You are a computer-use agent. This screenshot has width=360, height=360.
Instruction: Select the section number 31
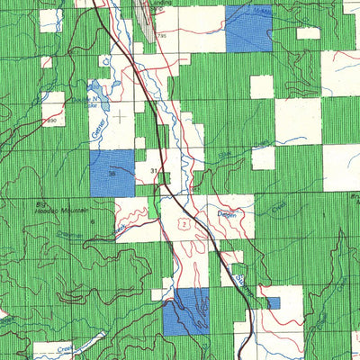pos(154,169)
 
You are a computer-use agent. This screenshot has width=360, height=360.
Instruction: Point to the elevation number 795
pos(162,35)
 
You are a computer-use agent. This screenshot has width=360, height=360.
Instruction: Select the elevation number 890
pos(51,120)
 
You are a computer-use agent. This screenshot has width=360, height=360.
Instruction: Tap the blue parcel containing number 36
pos(112,171)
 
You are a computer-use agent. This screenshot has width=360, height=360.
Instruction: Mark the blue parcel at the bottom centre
pos(185,311)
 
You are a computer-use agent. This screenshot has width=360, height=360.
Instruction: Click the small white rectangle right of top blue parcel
pos(309,34)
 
